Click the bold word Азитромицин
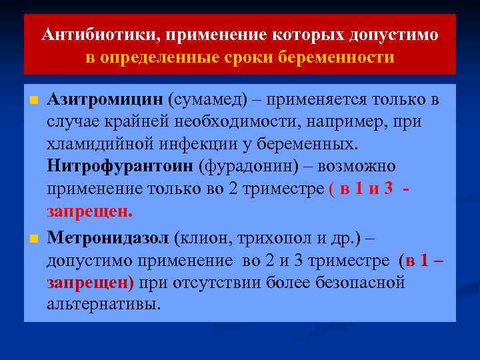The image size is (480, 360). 105,100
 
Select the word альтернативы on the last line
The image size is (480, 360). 104,304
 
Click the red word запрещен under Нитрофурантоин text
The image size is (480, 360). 89,211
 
